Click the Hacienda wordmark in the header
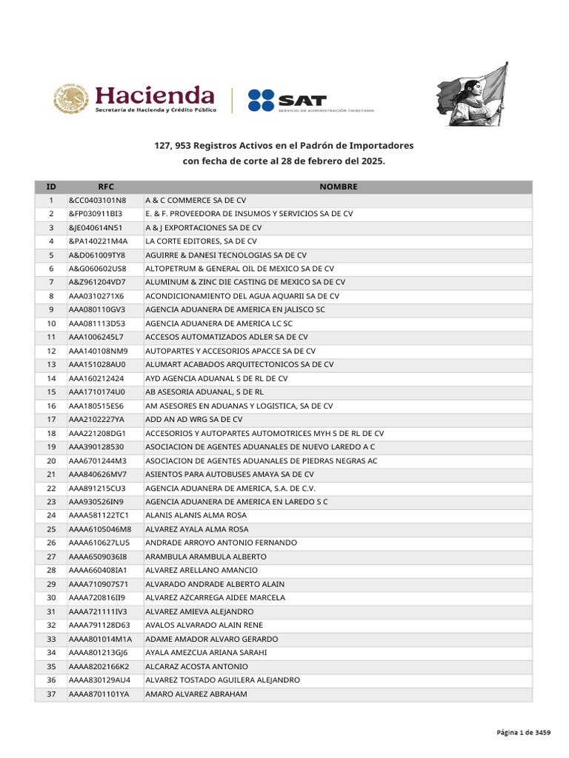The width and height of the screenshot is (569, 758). click(x=155, y=95)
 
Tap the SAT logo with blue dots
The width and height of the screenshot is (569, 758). click(x=287, y=100)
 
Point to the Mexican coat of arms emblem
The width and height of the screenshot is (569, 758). click(x=70, y=99)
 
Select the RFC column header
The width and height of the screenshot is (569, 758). click(x=106, y=187)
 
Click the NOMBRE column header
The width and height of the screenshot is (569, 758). click(x=338, y=187)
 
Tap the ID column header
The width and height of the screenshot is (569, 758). click(x=51, y=187)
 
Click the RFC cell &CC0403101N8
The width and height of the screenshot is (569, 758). click(x=97, y=201)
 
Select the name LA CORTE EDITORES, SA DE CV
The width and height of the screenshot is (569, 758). click(x=201, y=241)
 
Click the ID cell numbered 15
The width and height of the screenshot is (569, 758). click(x=51, y=392)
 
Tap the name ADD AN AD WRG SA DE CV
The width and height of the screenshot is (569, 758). click(x=193, y=420)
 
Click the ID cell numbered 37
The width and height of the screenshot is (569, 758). click(x=51, y=694)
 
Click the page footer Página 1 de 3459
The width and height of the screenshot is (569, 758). click(x=523, y=732)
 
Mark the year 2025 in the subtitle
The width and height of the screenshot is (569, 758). click(x=373, y=160)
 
